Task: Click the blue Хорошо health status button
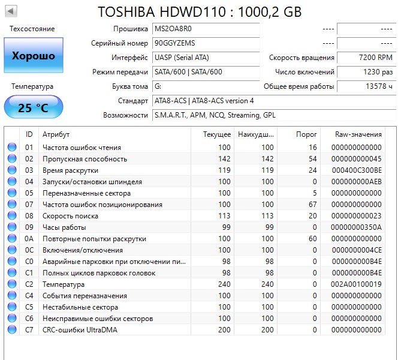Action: (33, 56)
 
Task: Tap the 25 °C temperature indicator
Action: (33, 107)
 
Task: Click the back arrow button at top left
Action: (11, 11)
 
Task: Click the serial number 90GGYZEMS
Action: (174, 43)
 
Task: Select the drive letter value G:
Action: (158, 86)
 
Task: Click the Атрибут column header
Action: (56, 134)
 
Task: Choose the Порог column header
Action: (307, 134)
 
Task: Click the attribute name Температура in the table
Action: (63, 284)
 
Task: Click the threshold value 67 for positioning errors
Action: (312, 205)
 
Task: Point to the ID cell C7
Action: (29, 330)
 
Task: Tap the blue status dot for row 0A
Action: (12, 239)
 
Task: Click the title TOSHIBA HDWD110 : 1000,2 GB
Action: (200, 11)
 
